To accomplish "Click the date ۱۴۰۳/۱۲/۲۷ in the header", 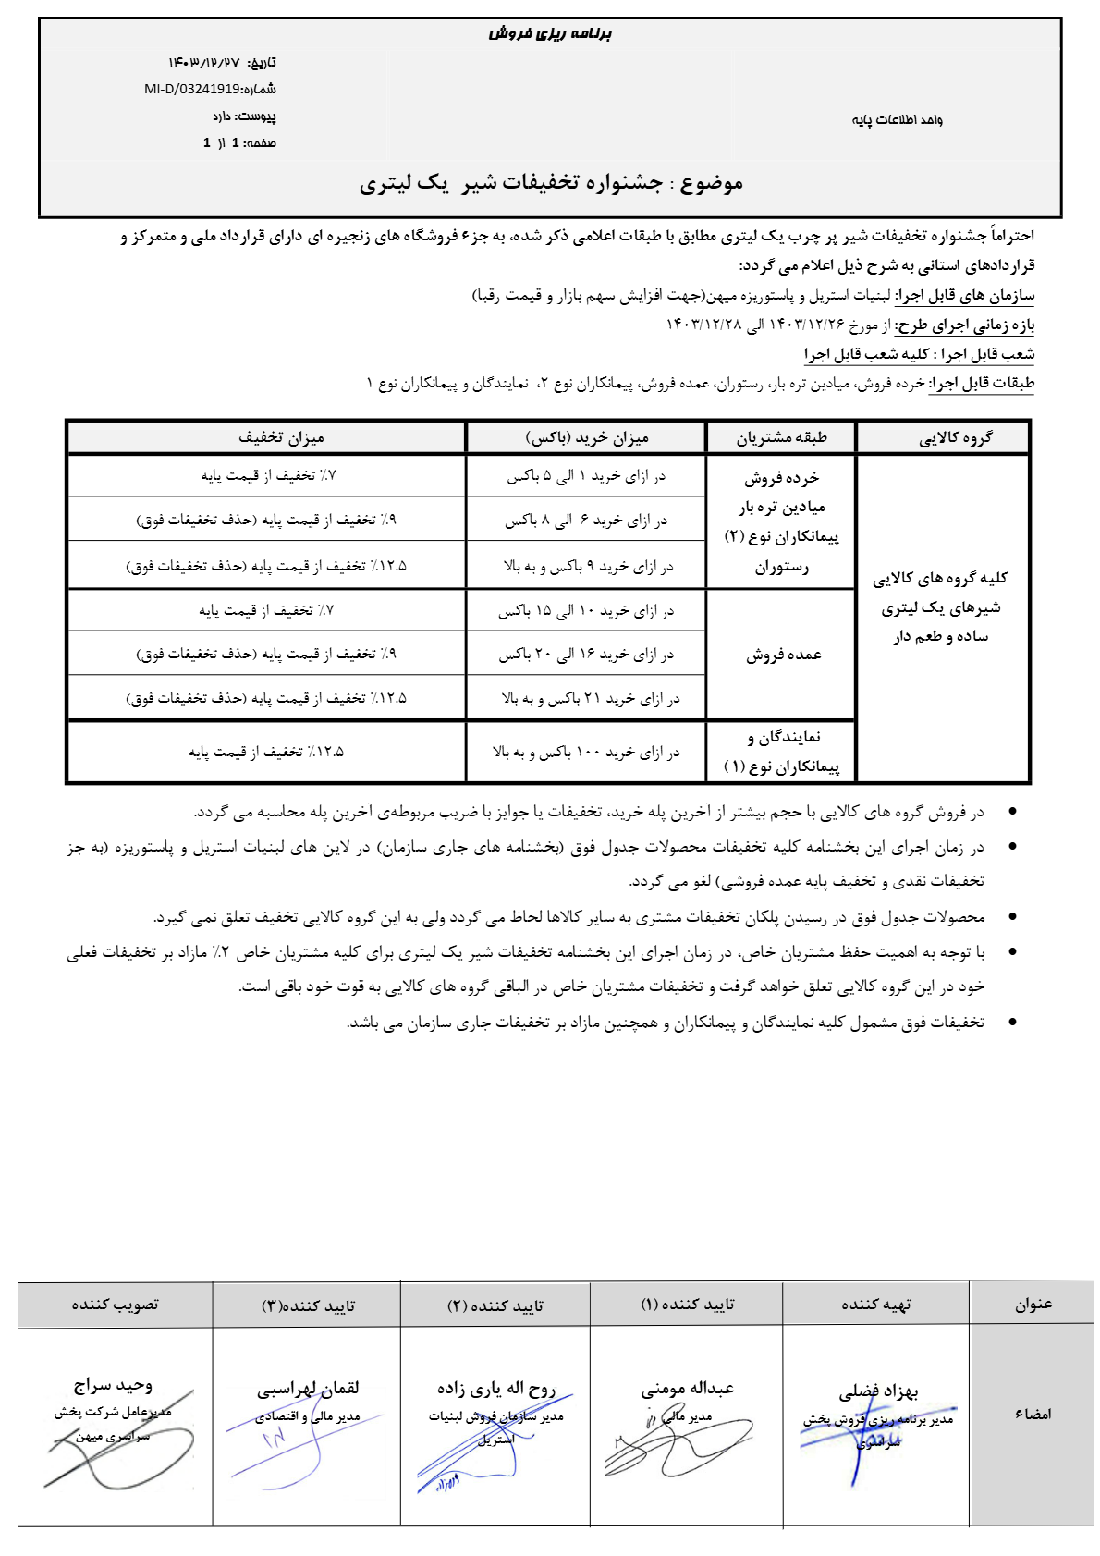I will coord(204,63).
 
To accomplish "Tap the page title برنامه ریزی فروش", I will coord(550,34).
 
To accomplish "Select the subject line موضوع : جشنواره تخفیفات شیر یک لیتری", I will coord(551,183).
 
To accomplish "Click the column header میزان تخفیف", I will coord(281,437).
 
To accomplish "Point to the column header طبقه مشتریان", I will coord(781,437).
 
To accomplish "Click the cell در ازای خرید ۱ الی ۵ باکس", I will coord(585,476).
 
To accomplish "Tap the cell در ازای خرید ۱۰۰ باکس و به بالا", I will coord(586,753).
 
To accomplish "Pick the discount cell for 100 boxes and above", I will coord(266,753).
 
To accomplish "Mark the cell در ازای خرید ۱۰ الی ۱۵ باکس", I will coord(586,611).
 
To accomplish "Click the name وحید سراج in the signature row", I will coord(113,1385).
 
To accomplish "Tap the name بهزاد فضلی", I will coord(878,1391).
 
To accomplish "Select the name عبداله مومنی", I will coord(687,1388).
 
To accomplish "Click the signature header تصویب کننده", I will coord(116,1305).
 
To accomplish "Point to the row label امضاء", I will coord(1033,1415).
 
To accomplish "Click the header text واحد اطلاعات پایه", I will coord(897,120).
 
